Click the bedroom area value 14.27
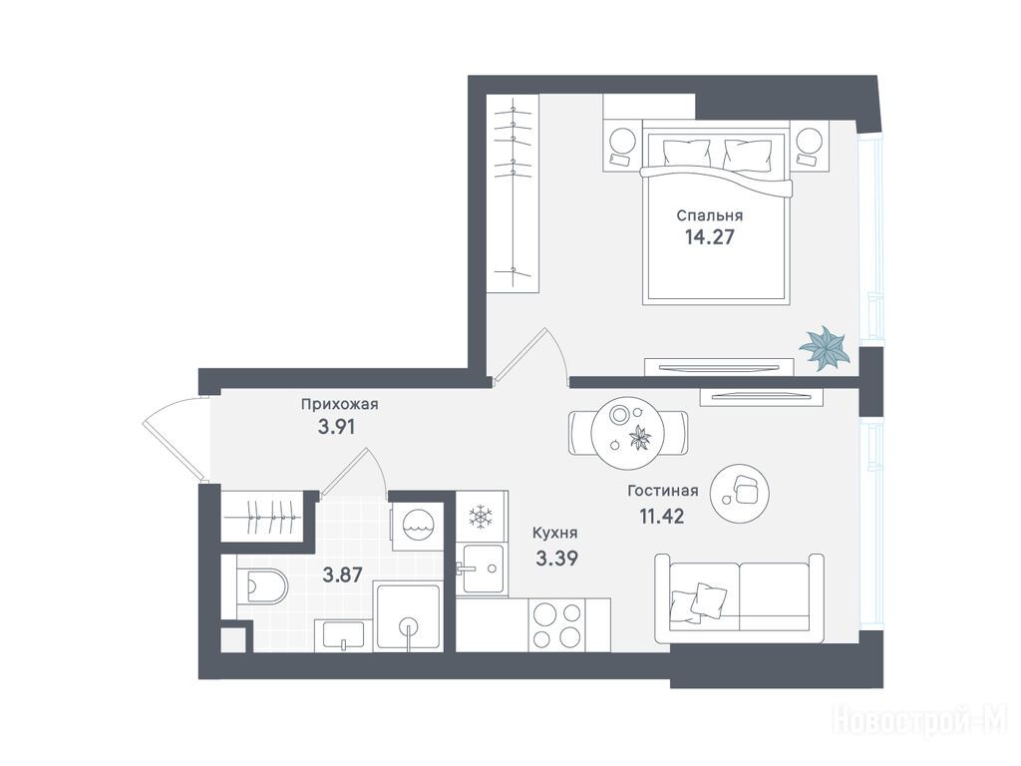[709, 236]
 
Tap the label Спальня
[709, 215]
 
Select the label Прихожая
[339, 405]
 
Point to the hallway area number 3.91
[336, 427]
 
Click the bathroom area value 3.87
[343, 574]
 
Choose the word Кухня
[554, 533]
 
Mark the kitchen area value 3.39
[556, 558]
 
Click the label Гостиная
[663, 491]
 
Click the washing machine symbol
[416, 527]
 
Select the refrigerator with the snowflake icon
[482, 517]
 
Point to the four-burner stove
[556, 624]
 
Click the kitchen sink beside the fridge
[483, 569]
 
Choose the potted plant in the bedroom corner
[825, 348]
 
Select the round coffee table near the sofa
[739, 493]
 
